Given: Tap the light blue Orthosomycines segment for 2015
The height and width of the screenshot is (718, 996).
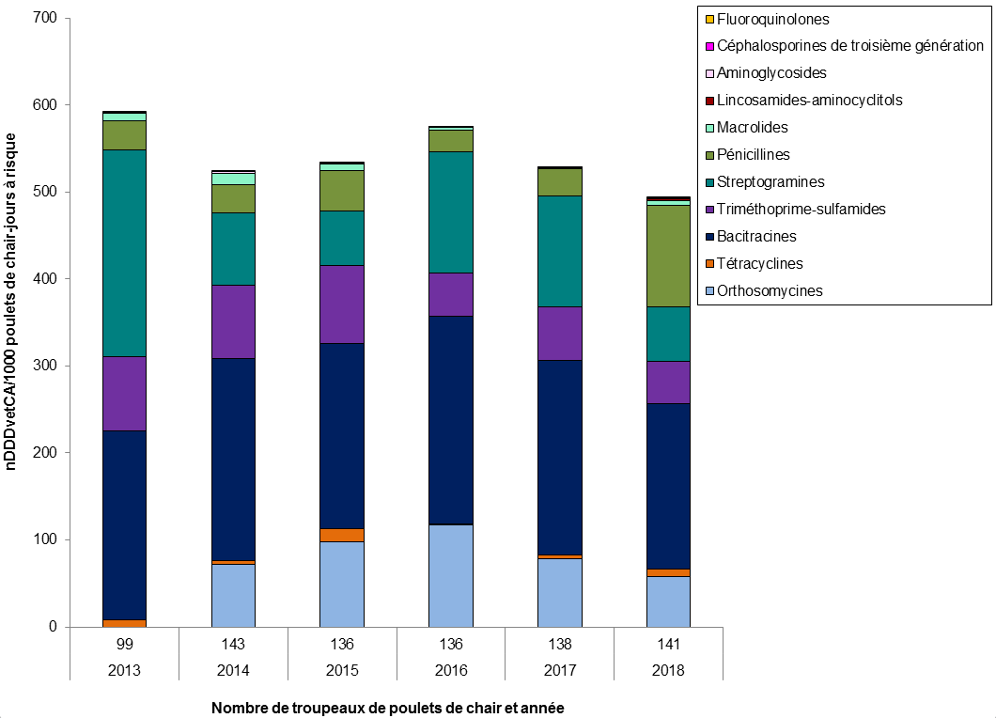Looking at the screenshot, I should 341,584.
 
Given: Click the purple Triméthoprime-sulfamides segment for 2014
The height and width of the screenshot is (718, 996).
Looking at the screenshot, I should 233,321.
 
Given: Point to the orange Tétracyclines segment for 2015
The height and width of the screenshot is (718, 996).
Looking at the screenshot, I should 341,536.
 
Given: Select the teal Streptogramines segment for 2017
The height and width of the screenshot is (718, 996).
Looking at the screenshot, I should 559,251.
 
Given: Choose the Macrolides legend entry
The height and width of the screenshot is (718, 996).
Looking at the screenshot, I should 752,127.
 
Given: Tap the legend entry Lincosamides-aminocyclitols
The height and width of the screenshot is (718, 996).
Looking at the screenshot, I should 809,100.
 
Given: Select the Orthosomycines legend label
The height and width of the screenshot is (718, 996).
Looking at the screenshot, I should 769,290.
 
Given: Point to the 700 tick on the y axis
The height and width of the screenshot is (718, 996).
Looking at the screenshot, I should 45,19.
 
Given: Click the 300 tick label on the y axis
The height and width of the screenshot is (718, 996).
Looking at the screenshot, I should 45,367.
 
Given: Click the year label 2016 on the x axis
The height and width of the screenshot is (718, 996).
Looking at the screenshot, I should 450,671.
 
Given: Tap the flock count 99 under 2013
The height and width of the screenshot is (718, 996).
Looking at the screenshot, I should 124,645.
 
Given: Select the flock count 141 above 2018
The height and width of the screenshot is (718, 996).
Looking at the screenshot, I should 668,645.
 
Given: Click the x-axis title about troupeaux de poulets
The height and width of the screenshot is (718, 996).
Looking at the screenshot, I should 387,708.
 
